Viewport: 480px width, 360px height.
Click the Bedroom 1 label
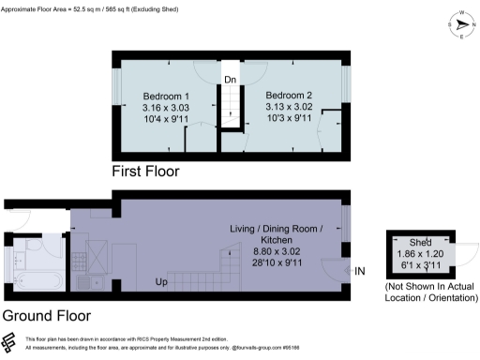tap(166, 97)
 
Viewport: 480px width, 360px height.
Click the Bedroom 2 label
tap(289, 96)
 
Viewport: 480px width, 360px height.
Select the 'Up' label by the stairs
tap(161, 281)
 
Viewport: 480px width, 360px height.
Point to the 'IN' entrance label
tap(360, 271)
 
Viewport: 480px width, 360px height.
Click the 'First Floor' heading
tap(144, 172)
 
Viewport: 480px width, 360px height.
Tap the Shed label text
tap(420, 243)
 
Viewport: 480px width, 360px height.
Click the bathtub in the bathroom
tap(37, 280)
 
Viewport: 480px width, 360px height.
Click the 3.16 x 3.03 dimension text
tap(166, 109)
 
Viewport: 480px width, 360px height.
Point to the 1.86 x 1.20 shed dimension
tap(420, 254)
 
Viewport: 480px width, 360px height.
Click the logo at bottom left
tap(10, 341)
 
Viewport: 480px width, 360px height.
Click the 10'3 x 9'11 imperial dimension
tap(289, 120)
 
